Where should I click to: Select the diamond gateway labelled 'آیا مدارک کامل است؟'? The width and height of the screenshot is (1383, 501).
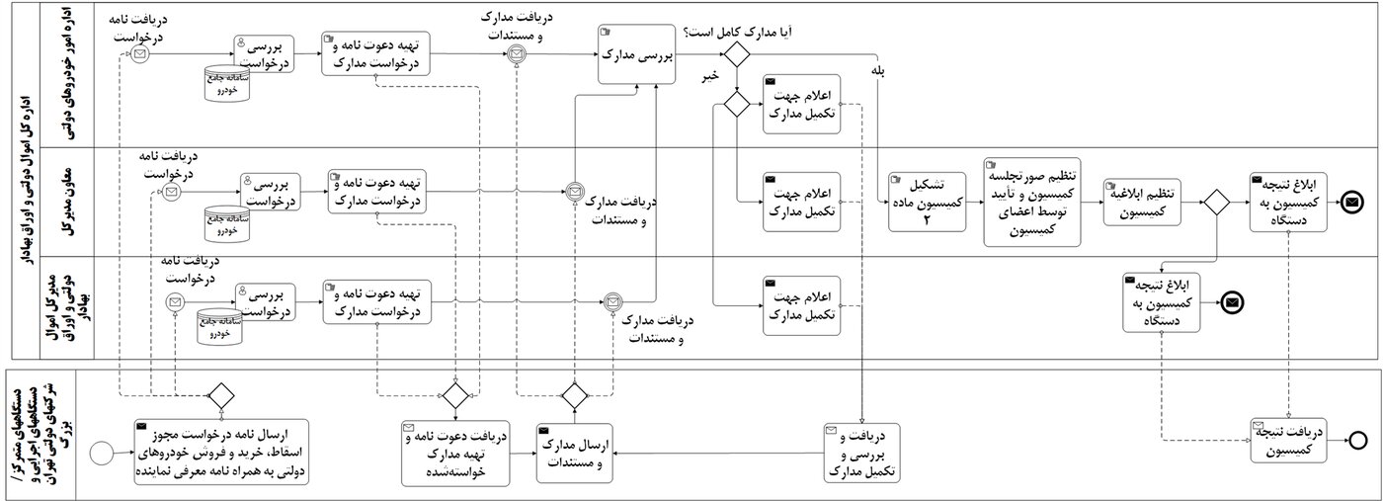736,55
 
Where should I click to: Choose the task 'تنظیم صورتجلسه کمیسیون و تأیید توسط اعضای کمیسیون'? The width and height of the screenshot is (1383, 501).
1030,201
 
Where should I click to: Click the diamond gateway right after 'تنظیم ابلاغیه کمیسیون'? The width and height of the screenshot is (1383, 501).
1214,203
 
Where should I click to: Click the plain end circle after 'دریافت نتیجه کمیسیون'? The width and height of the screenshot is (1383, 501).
1358,441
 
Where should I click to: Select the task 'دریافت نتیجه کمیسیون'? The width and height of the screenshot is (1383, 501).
1290,441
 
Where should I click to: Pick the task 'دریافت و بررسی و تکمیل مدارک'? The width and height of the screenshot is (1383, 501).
864,454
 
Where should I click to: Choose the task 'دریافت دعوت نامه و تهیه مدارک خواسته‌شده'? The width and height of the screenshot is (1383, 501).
455,454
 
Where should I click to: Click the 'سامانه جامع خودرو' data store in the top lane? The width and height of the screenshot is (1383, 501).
227,84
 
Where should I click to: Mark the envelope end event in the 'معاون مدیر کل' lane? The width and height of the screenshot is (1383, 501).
1351,203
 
